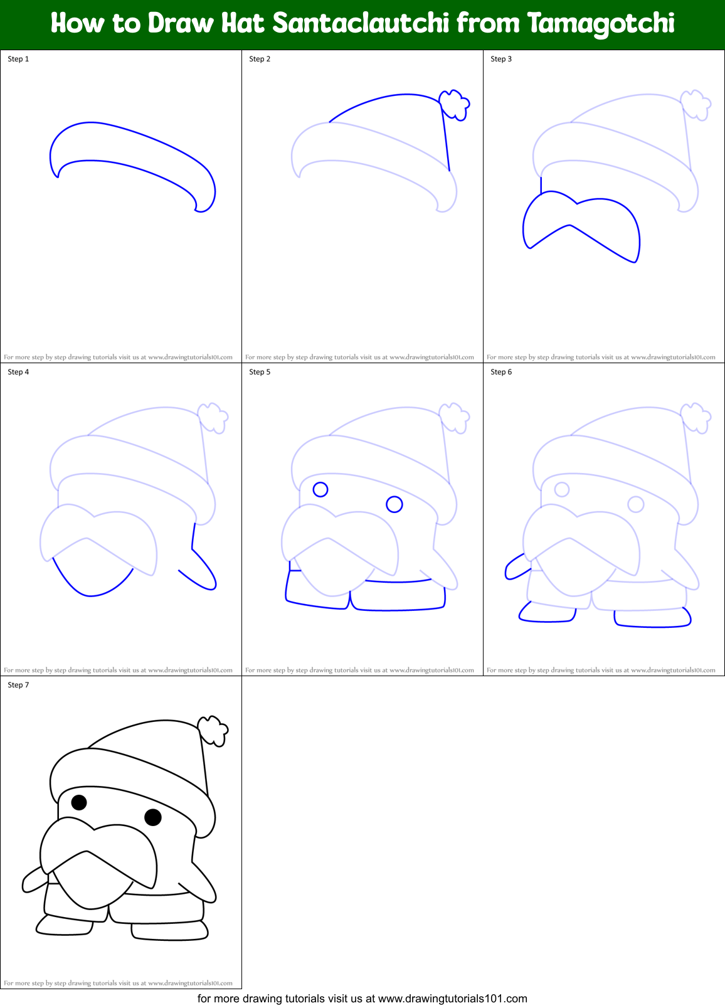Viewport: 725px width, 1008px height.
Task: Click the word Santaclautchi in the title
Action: pyautogui.click(x=361, y=23)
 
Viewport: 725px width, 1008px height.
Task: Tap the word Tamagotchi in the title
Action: pyautogui.click(x=601, y=23)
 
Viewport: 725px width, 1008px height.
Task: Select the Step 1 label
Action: pyautogui.click(x=18, y=59)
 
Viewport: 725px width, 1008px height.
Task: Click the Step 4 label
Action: pyautogui.click(x=18, y=372)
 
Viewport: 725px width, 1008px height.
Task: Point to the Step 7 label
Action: pyautogui.click(x=18, y=685)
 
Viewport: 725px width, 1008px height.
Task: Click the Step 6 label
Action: pyautogui.click(x=501, y=372)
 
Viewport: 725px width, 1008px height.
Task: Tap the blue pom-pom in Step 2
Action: pyautogui.click(x=454, y=104)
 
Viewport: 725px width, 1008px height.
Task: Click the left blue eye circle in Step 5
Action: pyautogui.click(x=320, y=489)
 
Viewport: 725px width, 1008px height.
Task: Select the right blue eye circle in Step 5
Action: pyautogui.click(x=394, y=504)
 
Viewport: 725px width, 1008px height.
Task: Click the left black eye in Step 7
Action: pyautogui.click(x=79, y=802)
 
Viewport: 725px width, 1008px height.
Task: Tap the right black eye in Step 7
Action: pyautogui.click(x=153, y=817)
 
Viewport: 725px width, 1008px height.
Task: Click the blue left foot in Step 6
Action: pyautogui.click(x=546, y=613)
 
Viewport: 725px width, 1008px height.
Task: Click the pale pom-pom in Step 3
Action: pyautogui.click(x=696, y=104)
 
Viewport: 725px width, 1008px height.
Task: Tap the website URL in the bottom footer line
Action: pyautogui.click(x=453, y=999)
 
